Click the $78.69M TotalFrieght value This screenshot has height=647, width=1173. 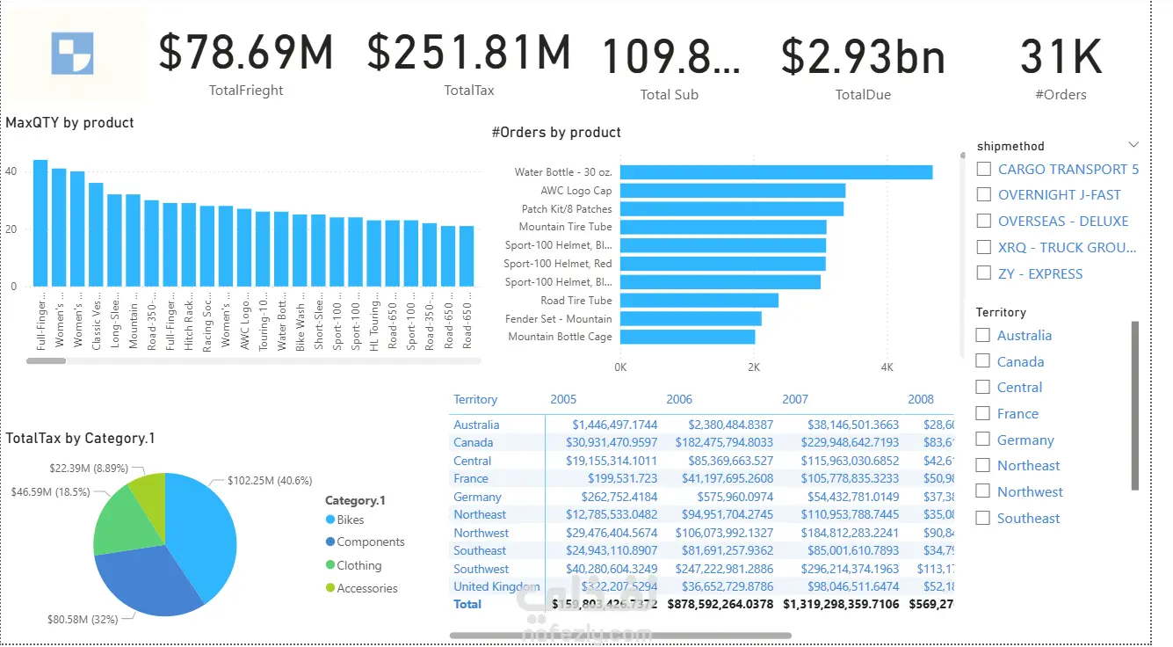[x=246, y=53]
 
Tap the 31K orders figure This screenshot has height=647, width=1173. [x=1061, y=57]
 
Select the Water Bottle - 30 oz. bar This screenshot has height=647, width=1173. [x=777, y=172]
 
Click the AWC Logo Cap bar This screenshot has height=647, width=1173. [x=733, y=191]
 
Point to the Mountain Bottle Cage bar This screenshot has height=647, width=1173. [x=688, y=337]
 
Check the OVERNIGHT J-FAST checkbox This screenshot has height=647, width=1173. [x=984, y=195]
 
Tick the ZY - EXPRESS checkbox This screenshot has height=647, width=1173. [x=984, y=273]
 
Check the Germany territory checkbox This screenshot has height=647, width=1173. [x=983, y=440]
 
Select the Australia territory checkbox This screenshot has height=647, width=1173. [x=983, y=335]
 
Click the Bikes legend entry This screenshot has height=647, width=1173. [x=350, y=520]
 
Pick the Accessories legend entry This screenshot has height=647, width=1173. [x=366, y=588]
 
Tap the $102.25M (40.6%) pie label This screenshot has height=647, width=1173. [x=270, y=481]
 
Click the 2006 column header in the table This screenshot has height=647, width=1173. [x=679, y=399]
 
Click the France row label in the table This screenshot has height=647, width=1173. [x=471, y=479]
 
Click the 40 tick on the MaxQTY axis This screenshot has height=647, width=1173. [x=11, y=171]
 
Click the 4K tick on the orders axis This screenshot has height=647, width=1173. [x=887, y=367]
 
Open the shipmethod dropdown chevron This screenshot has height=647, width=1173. [x=1133, y=145]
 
